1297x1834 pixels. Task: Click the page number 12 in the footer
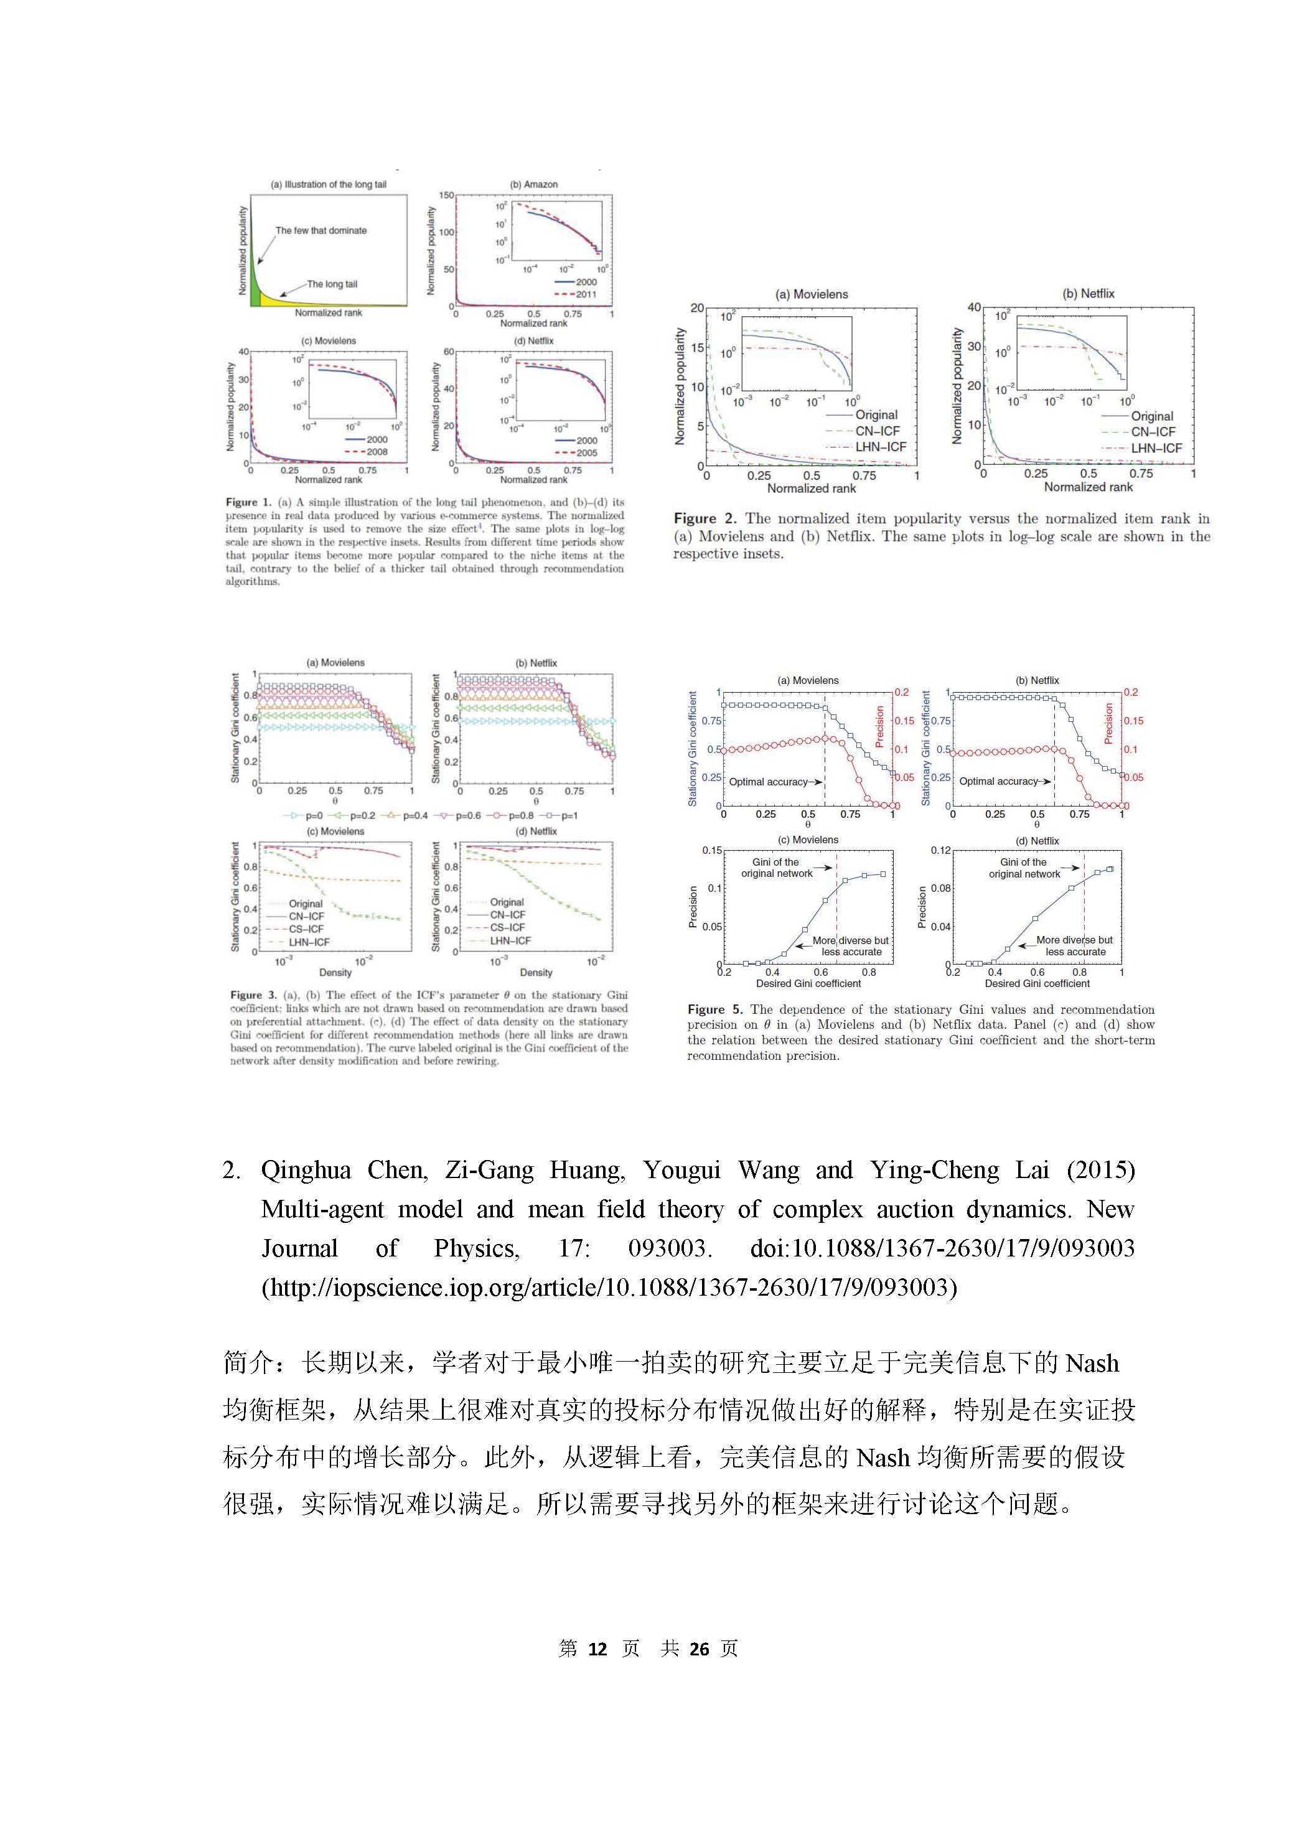click(x=597, y=1649)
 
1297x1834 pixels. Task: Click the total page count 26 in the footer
click(x=700, y=1649)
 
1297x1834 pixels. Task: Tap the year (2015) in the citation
click(x=1100, y=1170)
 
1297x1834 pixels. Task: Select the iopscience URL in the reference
click(x=609, y=1287)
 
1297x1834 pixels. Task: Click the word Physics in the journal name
click(x=476, y=1248)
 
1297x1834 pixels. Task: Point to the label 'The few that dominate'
click(x=321, y=231)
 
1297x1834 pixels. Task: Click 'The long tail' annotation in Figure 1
click(x=332, y=284)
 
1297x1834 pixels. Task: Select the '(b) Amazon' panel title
click(x=533, y=184)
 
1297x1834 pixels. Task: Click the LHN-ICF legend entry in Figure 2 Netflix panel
click(x=1156, y=448)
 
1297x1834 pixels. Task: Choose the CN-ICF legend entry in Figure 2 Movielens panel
click(x=877, y=431)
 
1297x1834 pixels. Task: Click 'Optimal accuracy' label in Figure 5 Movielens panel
click(x=767, y=782)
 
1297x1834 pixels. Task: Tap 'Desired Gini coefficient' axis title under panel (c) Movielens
click(x=808, y=983)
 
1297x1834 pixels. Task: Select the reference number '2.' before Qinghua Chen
click(x=232, y=1170)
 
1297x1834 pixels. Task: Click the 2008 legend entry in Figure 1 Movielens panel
click(x=376, y=452)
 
